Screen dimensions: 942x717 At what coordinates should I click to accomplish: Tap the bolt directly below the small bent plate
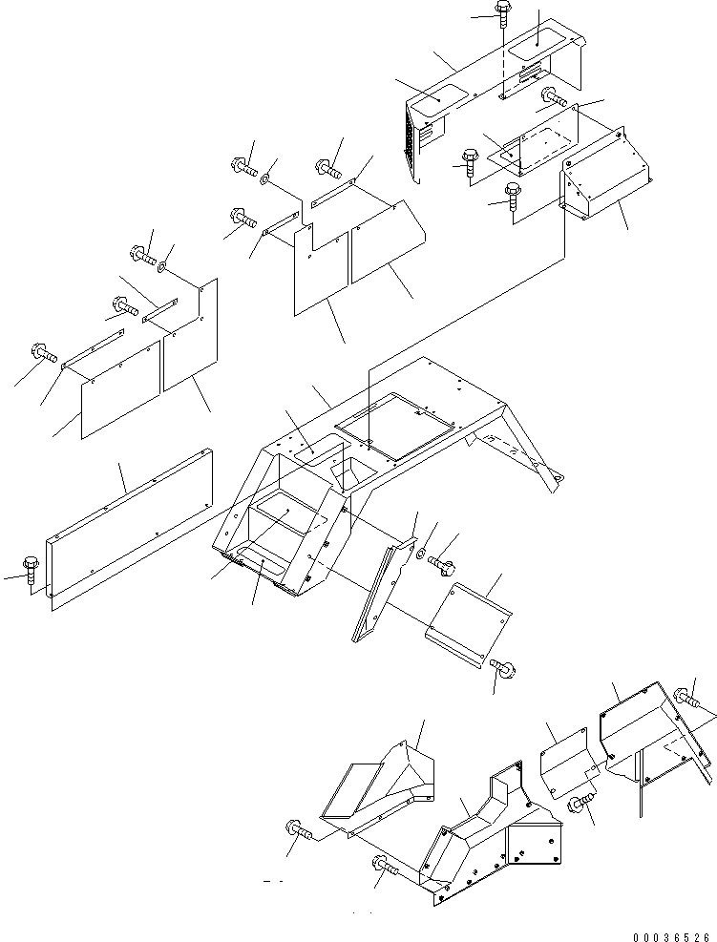[503, 669]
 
